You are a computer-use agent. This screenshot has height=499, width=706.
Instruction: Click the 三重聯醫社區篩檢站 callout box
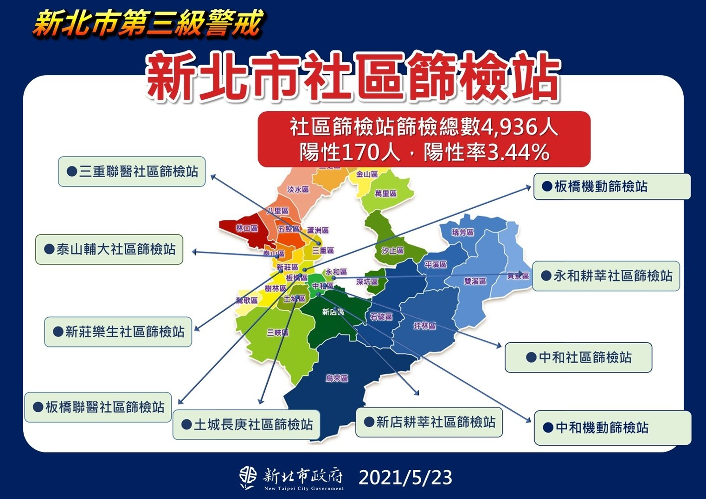click(132, 172)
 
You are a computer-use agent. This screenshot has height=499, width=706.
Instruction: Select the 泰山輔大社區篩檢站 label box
click(109, 249)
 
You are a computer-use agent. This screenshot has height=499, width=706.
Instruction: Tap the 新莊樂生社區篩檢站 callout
click(118, 332)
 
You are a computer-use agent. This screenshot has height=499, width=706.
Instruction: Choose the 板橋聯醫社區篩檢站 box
click(98, 407)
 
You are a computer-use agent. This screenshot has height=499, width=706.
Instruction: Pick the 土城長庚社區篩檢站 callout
click(246, 424)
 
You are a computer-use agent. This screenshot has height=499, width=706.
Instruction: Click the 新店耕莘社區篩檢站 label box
click(429, 422)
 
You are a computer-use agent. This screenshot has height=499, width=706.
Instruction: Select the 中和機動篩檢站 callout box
click(612, 428)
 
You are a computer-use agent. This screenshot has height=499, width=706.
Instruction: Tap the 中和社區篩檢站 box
click(578, 358)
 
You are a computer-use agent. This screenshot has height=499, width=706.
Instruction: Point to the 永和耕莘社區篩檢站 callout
click(606, 276)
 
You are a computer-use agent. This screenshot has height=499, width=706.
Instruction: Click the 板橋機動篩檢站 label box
click(612, 186)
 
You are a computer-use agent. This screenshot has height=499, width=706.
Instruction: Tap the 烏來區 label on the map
click(337, 378)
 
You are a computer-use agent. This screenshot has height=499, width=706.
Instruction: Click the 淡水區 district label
click(298, 190)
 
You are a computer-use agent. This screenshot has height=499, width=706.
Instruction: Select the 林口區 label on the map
click(246, 228)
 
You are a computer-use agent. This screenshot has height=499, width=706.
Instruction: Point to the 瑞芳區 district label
click(463, 232)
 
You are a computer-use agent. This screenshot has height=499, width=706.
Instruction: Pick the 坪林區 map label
click(424, 326)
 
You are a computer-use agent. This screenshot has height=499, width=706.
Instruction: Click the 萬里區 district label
click(385, 193)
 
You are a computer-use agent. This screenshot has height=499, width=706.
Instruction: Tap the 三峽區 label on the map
click(277, 333)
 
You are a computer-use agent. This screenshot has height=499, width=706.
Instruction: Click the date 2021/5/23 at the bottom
click(405, 478)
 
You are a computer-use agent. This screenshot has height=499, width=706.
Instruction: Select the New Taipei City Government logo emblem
click(248, 478)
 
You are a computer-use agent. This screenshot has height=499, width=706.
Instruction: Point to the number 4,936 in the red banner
click(508, 127)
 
